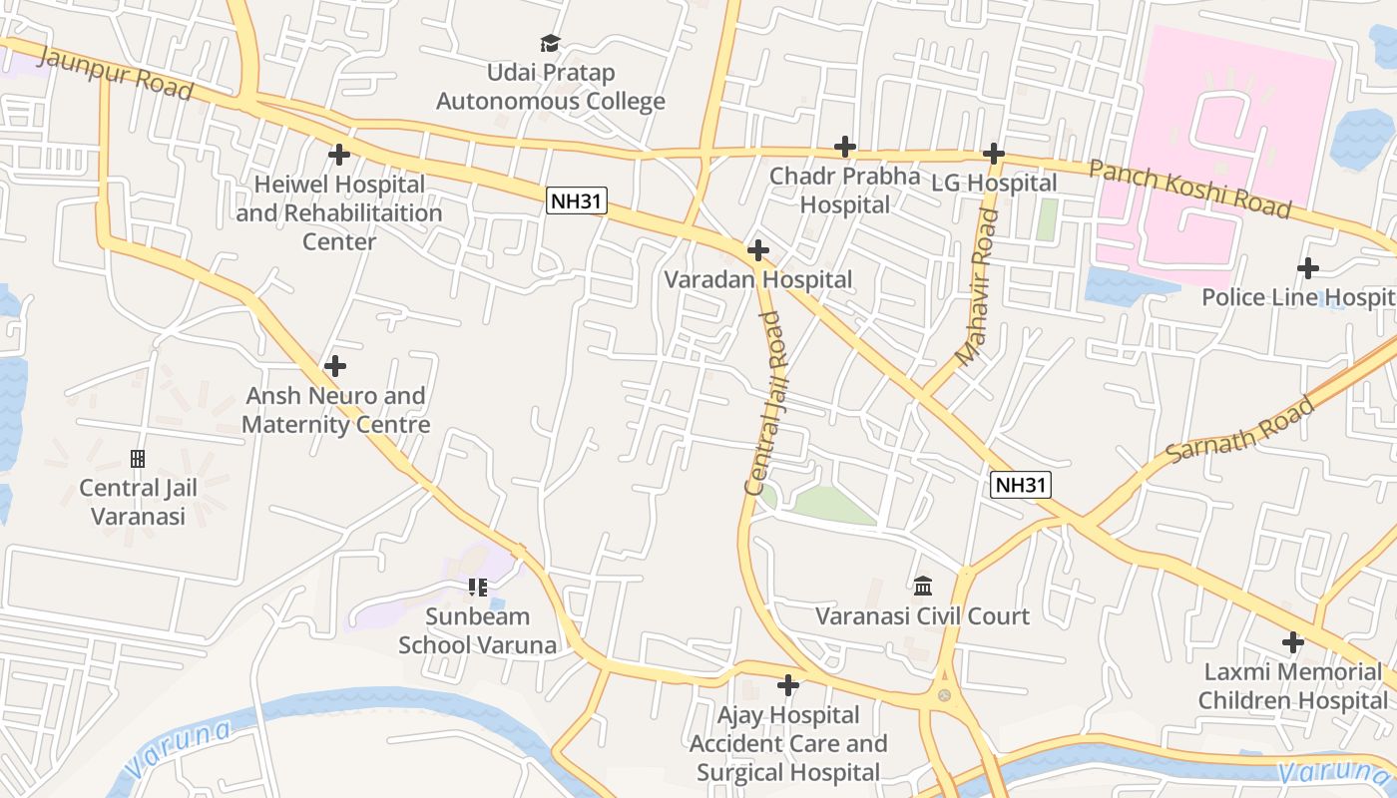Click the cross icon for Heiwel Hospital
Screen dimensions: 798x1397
pyautogui.click(x=339, y=155)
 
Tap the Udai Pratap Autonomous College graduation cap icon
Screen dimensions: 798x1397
pyautogui.click(x=550, y=43)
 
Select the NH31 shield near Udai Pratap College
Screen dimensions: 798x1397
pyautogui.click(x=578, y=200)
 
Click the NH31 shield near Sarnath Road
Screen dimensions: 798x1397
pyautogui.click(x=1022, y=485)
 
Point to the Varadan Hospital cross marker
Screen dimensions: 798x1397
pyautogui.click(x=758, y=249)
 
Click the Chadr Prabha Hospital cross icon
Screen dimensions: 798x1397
pyautogui.click(x=845, y=147)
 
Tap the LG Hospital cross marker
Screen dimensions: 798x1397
pyautogui.click(x=993, y=154)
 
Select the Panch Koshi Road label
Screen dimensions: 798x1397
pyautogui.click(x=1189, y=189)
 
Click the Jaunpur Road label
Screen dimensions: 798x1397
pyautogui.click(x=115, y=71)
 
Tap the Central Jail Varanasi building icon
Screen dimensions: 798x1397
pyautogui.click(x=138, y=459)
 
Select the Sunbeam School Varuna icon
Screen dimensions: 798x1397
pyautogui.click(x=477, y=588)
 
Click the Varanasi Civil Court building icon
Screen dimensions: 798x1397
pyautogui.click(x=922, y=586)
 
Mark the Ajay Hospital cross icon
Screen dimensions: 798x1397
pyautogui.click(x=788, y=685)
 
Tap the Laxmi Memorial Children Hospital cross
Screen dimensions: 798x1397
pyautogui.click(x=1293, y=641)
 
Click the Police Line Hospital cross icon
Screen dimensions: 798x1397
pyautogui.click(x=1307, y=268)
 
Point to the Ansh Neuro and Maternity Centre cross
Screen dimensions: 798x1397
pyautogui.click(x=335, y=366)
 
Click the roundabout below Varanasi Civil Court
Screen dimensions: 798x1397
pyautogui.click(x=944, y=695)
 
